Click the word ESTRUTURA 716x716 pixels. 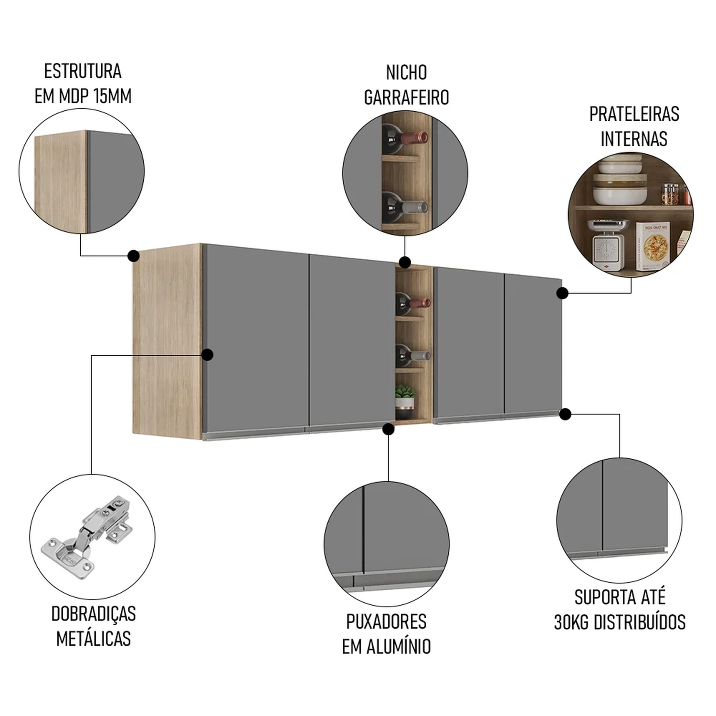83,71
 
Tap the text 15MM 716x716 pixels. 113,96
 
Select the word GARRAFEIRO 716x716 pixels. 406,97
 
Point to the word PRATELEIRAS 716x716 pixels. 634,114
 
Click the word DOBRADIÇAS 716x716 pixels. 94,614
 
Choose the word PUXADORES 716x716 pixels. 386,621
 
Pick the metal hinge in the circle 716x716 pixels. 86,537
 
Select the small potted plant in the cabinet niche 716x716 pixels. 405,398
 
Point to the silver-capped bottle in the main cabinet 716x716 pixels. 412,355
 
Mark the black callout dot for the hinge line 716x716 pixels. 207,355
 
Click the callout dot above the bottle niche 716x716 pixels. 405,262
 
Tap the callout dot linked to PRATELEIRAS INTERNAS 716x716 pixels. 562,293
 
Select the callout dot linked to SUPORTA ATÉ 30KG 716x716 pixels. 565,414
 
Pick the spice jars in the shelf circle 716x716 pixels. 673,194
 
